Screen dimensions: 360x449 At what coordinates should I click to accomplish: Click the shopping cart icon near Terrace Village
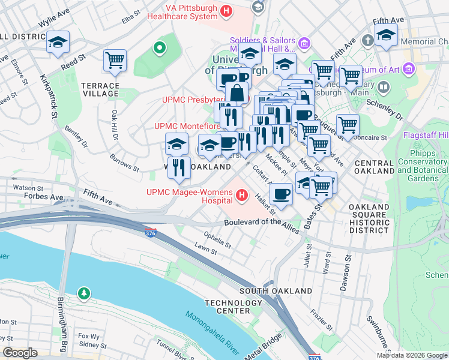coord(115,60)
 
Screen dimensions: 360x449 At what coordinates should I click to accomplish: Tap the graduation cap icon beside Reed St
coord(58,42)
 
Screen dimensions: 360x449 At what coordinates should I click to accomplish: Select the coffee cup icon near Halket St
coord(281,194)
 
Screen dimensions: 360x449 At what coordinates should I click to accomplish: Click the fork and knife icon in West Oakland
coord(178,168)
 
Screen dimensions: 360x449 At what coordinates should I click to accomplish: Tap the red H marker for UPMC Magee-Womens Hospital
coord(242,195)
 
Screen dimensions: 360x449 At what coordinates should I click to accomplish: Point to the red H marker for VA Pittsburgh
coord(226,11)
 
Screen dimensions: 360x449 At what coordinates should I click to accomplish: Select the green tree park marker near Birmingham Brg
coord(85,293)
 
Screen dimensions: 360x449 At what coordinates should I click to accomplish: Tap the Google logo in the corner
coord(20,353)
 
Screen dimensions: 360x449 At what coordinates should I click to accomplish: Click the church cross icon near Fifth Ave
coord(367,41)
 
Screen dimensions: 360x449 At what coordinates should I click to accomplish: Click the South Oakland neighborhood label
coord(276,290)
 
